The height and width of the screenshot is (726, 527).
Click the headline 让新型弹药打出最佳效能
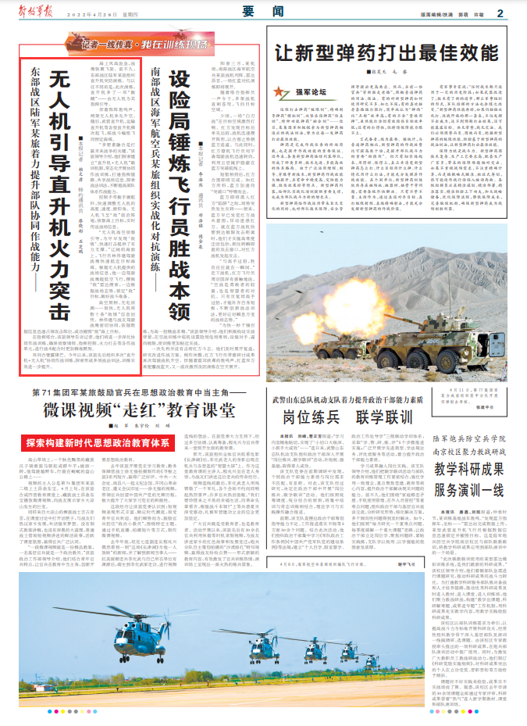390,54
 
